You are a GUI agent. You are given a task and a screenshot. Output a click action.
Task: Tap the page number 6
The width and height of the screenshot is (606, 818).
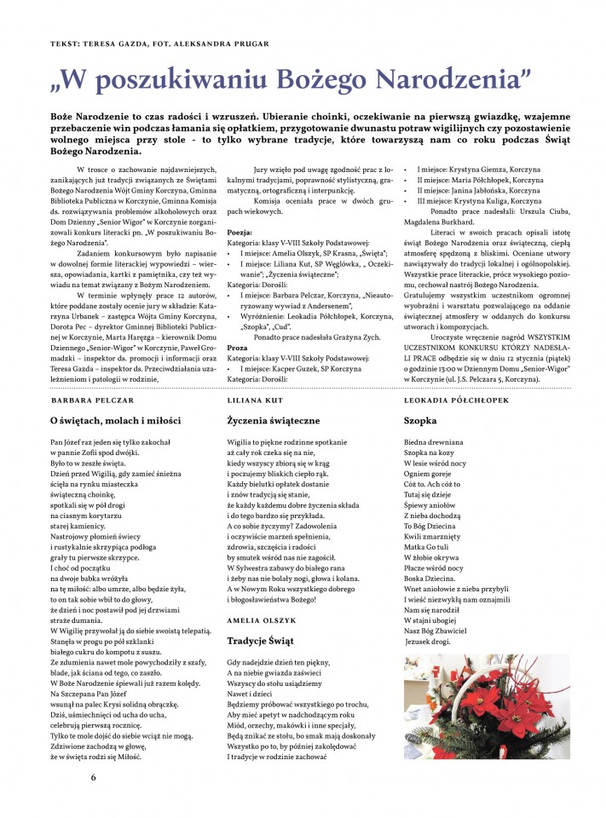point(94,777)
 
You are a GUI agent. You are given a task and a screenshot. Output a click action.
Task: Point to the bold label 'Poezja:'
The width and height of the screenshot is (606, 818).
point(240,232)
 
